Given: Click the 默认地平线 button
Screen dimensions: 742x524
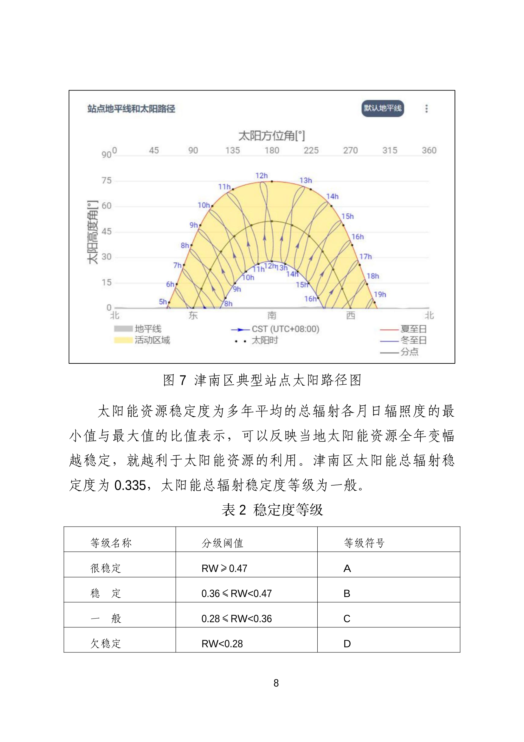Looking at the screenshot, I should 382,108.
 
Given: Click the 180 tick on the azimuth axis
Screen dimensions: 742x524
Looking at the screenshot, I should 272,150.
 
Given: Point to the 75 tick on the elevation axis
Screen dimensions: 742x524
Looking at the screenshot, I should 107,180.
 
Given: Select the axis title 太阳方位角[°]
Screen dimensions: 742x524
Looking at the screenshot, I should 272,136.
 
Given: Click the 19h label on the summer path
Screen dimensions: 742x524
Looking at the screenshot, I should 380,295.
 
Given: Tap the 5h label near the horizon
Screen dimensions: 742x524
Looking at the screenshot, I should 163,301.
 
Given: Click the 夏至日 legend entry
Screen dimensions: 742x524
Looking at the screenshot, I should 413,329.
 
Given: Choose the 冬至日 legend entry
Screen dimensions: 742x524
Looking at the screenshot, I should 413,340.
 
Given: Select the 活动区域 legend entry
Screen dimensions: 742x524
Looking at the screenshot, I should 152,340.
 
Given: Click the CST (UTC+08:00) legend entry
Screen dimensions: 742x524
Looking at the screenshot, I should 285,329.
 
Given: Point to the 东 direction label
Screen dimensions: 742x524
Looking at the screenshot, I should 193,315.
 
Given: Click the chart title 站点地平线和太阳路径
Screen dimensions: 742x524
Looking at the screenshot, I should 132,109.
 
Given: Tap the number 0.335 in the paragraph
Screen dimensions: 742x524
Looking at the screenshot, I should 130,485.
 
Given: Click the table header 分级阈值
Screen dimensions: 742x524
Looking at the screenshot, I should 222,543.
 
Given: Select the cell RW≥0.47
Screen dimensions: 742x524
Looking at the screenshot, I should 224,568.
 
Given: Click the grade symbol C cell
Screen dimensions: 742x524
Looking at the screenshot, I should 347,619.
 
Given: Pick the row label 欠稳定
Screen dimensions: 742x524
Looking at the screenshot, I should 106,643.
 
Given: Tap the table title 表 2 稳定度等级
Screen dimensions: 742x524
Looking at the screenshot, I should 272,510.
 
